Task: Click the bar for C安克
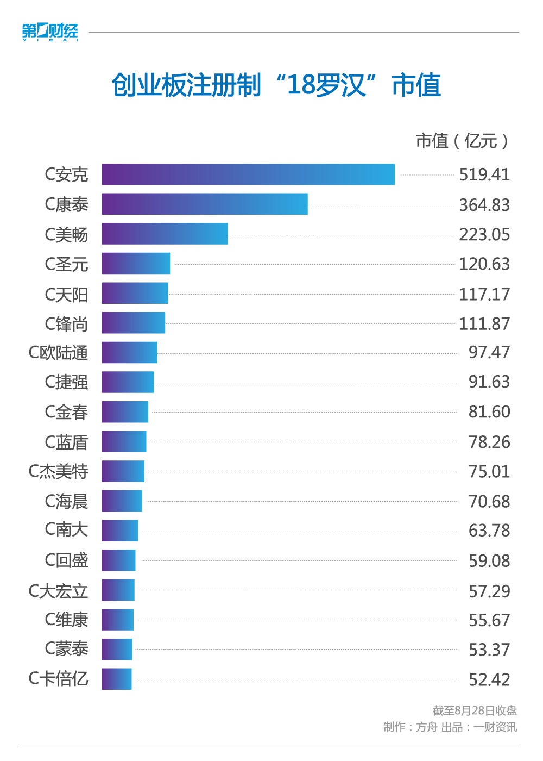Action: pos(248,174)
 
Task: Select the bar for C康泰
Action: pos(205,204)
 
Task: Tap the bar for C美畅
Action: pos(165,234)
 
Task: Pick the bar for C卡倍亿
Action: pos(117,679)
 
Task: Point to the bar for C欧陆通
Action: pos(129,353)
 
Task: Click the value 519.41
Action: pos(484,174)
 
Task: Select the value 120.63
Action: pos(484,264)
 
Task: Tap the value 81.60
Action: pos(489,412)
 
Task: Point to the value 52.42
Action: pos(489,679)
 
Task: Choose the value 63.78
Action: pos(489,531)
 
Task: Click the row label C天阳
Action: pos(66,295)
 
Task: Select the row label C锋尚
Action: pos(66,324)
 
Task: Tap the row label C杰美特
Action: pos(58,471)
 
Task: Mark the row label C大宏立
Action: pos(58,591)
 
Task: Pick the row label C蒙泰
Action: pos(66,649)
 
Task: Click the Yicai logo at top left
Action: pos(50,32)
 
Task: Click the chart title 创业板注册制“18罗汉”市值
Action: pos(276,85)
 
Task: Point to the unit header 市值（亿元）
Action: pos(462,141)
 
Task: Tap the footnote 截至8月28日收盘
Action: pos(475,710)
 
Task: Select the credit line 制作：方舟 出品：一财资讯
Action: pos(450,727)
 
